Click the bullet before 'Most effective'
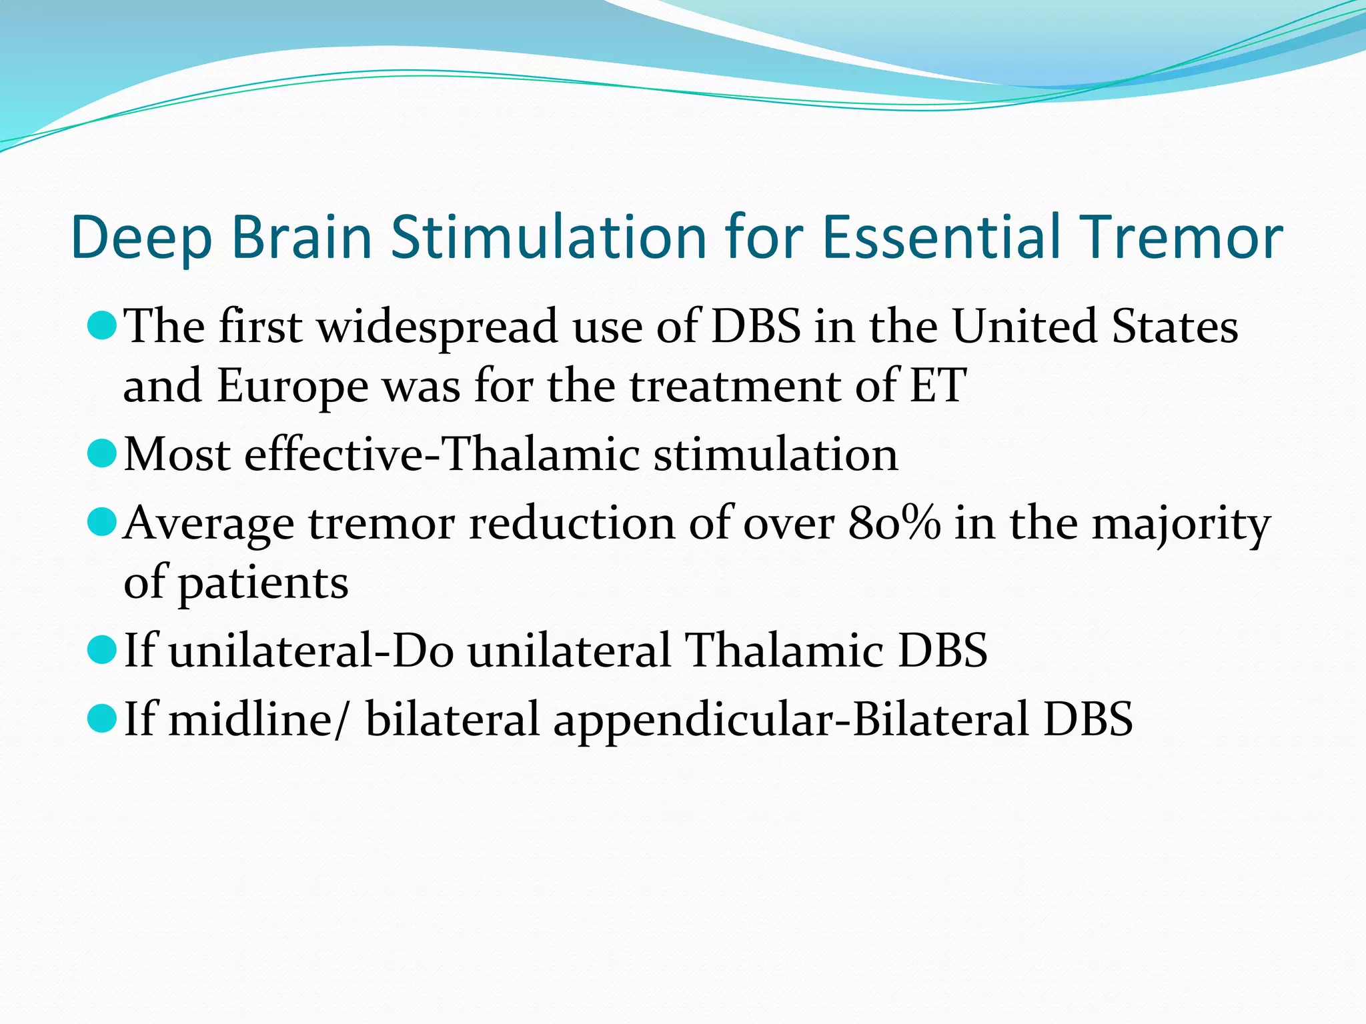click(102, 453)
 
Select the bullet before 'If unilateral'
click(102, 650)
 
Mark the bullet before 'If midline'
click(102, 719)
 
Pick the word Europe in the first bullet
click(292, 387)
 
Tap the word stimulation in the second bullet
click(775, 455)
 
